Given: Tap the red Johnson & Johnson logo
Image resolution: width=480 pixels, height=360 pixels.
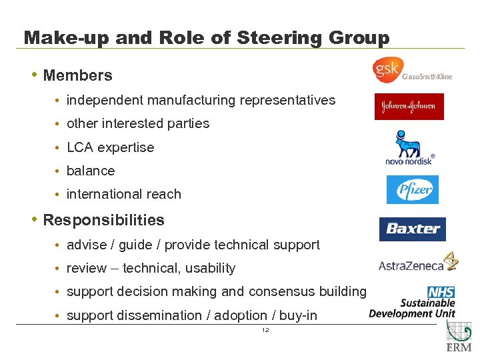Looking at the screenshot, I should tap(409, 106).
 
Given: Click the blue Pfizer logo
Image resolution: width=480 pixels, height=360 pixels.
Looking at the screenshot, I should tap(413, 190).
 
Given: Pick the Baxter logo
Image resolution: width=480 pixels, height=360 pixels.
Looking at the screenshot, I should tap(413, 229).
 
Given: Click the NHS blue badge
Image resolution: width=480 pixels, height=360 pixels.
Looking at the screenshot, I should tap(441, 292).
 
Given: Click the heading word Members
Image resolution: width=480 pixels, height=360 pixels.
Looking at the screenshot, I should tap(77, 75).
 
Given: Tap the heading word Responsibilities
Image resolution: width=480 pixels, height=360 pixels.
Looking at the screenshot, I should tap(103, 220).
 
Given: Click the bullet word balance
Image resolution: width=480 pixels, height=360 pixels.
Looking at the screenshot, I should tap(91, 171).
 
